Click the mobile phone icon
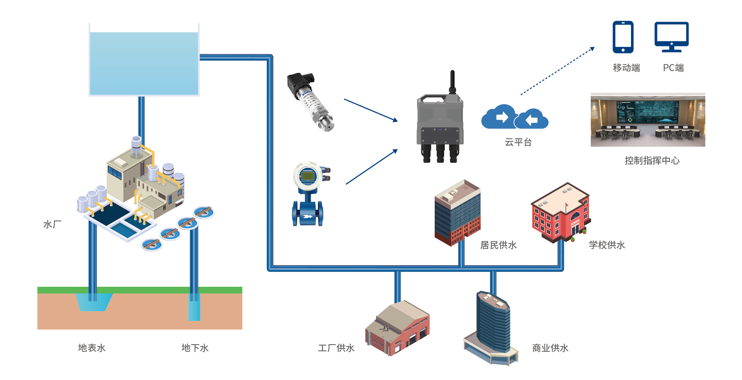[623, 37]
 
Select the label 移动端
[626, 68]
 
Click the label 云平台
[518, 142]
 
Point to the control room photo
[648, 120]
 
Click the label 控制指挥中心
[652, 161]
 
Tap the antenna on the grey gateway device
[452, 82]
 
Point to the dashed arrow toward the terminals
[557, 71]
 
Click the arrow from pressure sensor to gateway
[371, 110]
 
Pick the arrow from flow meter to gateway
[371, 167]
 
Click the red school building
[560, 213]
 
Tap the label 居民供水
[498, 245]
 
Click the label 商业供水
[550, 348]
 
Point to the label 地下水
[195, 348]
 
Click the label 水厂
[52, 224]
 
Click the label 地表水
[92, 348]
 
